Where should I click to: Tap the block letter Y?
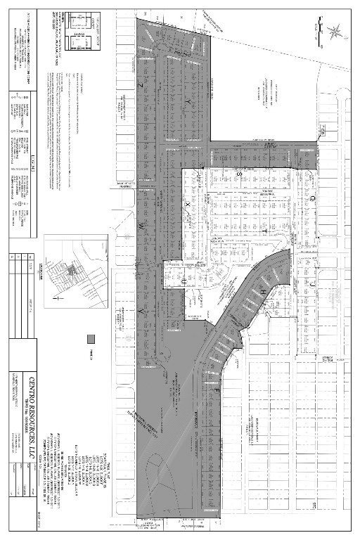click(x=187, y=103)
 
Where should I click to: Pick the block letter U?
click(x=184, y=280)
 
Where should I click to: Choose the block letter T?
click(x=265, y=230)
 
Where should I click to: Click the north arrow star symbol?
click(x=335, y=30)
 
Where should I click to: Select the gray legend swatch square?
click(x=90, y=339)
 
